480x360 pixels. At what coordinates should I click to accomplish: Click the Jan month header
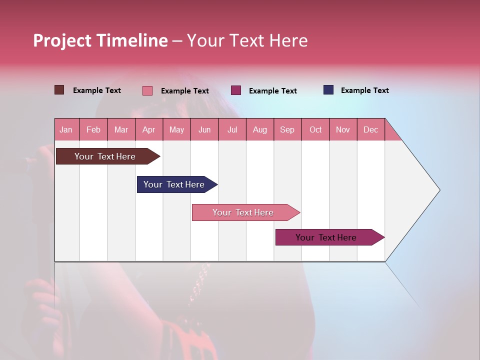point(66,129)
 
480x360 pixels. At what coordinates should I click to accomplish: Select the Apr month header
point(149,129)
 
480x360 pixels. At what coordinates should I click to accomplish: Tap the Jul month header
point(232,129)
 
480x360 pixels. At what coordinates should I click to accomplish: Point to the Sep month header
point(287,129)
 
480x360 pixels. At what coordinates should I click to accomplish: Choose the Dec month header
point(371,129)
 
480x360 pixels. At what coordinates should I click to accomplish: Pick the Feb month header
point(93,129)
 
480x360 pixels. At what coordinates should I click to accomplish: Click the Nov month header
point(343,129)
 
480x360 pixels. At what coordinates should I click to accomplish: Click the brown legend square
point(59,90)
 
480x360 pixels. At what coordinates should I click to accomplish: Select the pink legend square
point(147,90)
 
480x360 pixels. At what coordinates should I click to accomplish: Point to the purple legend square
point(236,90)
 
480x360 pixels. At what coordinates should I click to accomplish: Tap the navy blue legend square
point(328,90)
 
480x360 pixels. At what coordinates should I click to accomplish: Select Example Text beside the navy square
point(365,90)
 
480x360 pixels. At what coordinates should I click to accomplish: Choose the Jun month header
point(204,129)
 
